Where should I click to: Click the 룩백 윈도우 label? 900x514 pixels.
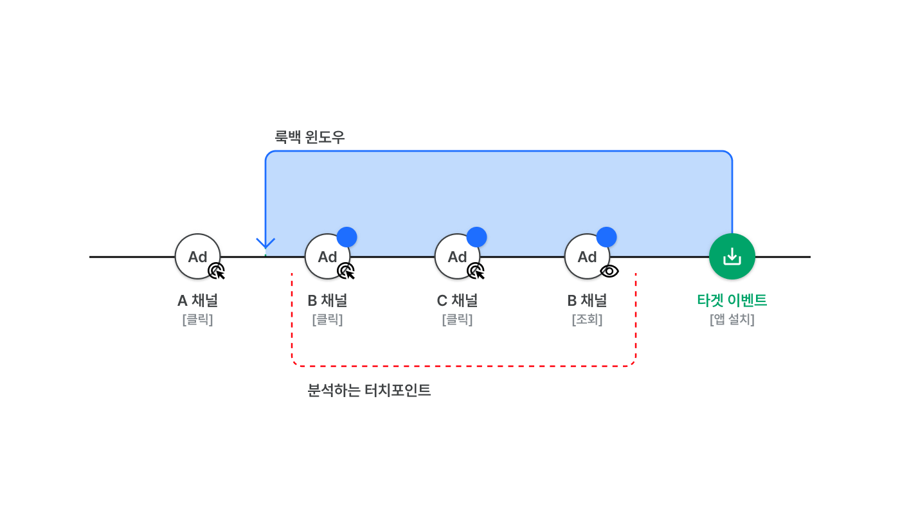[x=310, y=137]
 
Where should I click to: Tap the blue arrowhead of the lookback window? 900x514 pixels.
[x=265, y=244]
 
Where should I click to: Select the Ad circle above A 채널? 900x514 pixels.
[x=197, y=256]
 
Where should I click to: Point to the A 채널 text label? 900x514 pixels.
[x=197, y=300]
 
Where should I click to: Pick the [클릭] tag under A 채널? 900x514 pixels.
[x=197, y=319]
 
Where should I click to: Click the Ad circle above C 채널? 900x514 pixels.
[x=457, y=256]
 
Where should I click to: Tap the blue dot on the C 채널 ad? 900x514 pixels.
[x=476, y=237]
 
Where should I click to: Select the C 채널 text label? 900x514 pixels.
[x=457, y=300]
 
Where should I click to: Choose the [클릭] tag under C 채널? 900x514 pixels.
[x=457, y=319]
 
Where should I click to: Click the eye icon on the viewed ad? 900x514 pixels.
[x=609, y=271]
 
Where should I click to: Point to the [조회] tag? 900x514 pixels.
[x=587, y=319]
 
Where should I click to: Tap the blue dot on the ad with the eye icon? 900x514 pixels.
[x=606, y=237]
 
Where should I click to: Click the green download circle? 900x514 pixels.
[x=732, y=256]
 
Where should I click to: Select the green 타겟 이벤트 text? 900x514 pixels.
[x=732, y=300]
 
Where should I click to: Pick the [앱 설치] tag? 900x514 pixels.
[x=732, y=319]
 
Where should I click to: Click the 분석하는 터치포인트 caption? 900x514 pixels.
[x=369, y=390]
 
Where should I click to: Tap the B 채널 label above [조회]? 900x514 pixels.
[x=587, y=300]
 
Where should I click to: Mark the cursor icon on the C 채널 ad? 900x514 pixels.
[x=476, y=271]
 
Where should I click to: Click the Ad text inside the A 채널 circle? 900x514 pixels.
[x=197, y=257]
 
